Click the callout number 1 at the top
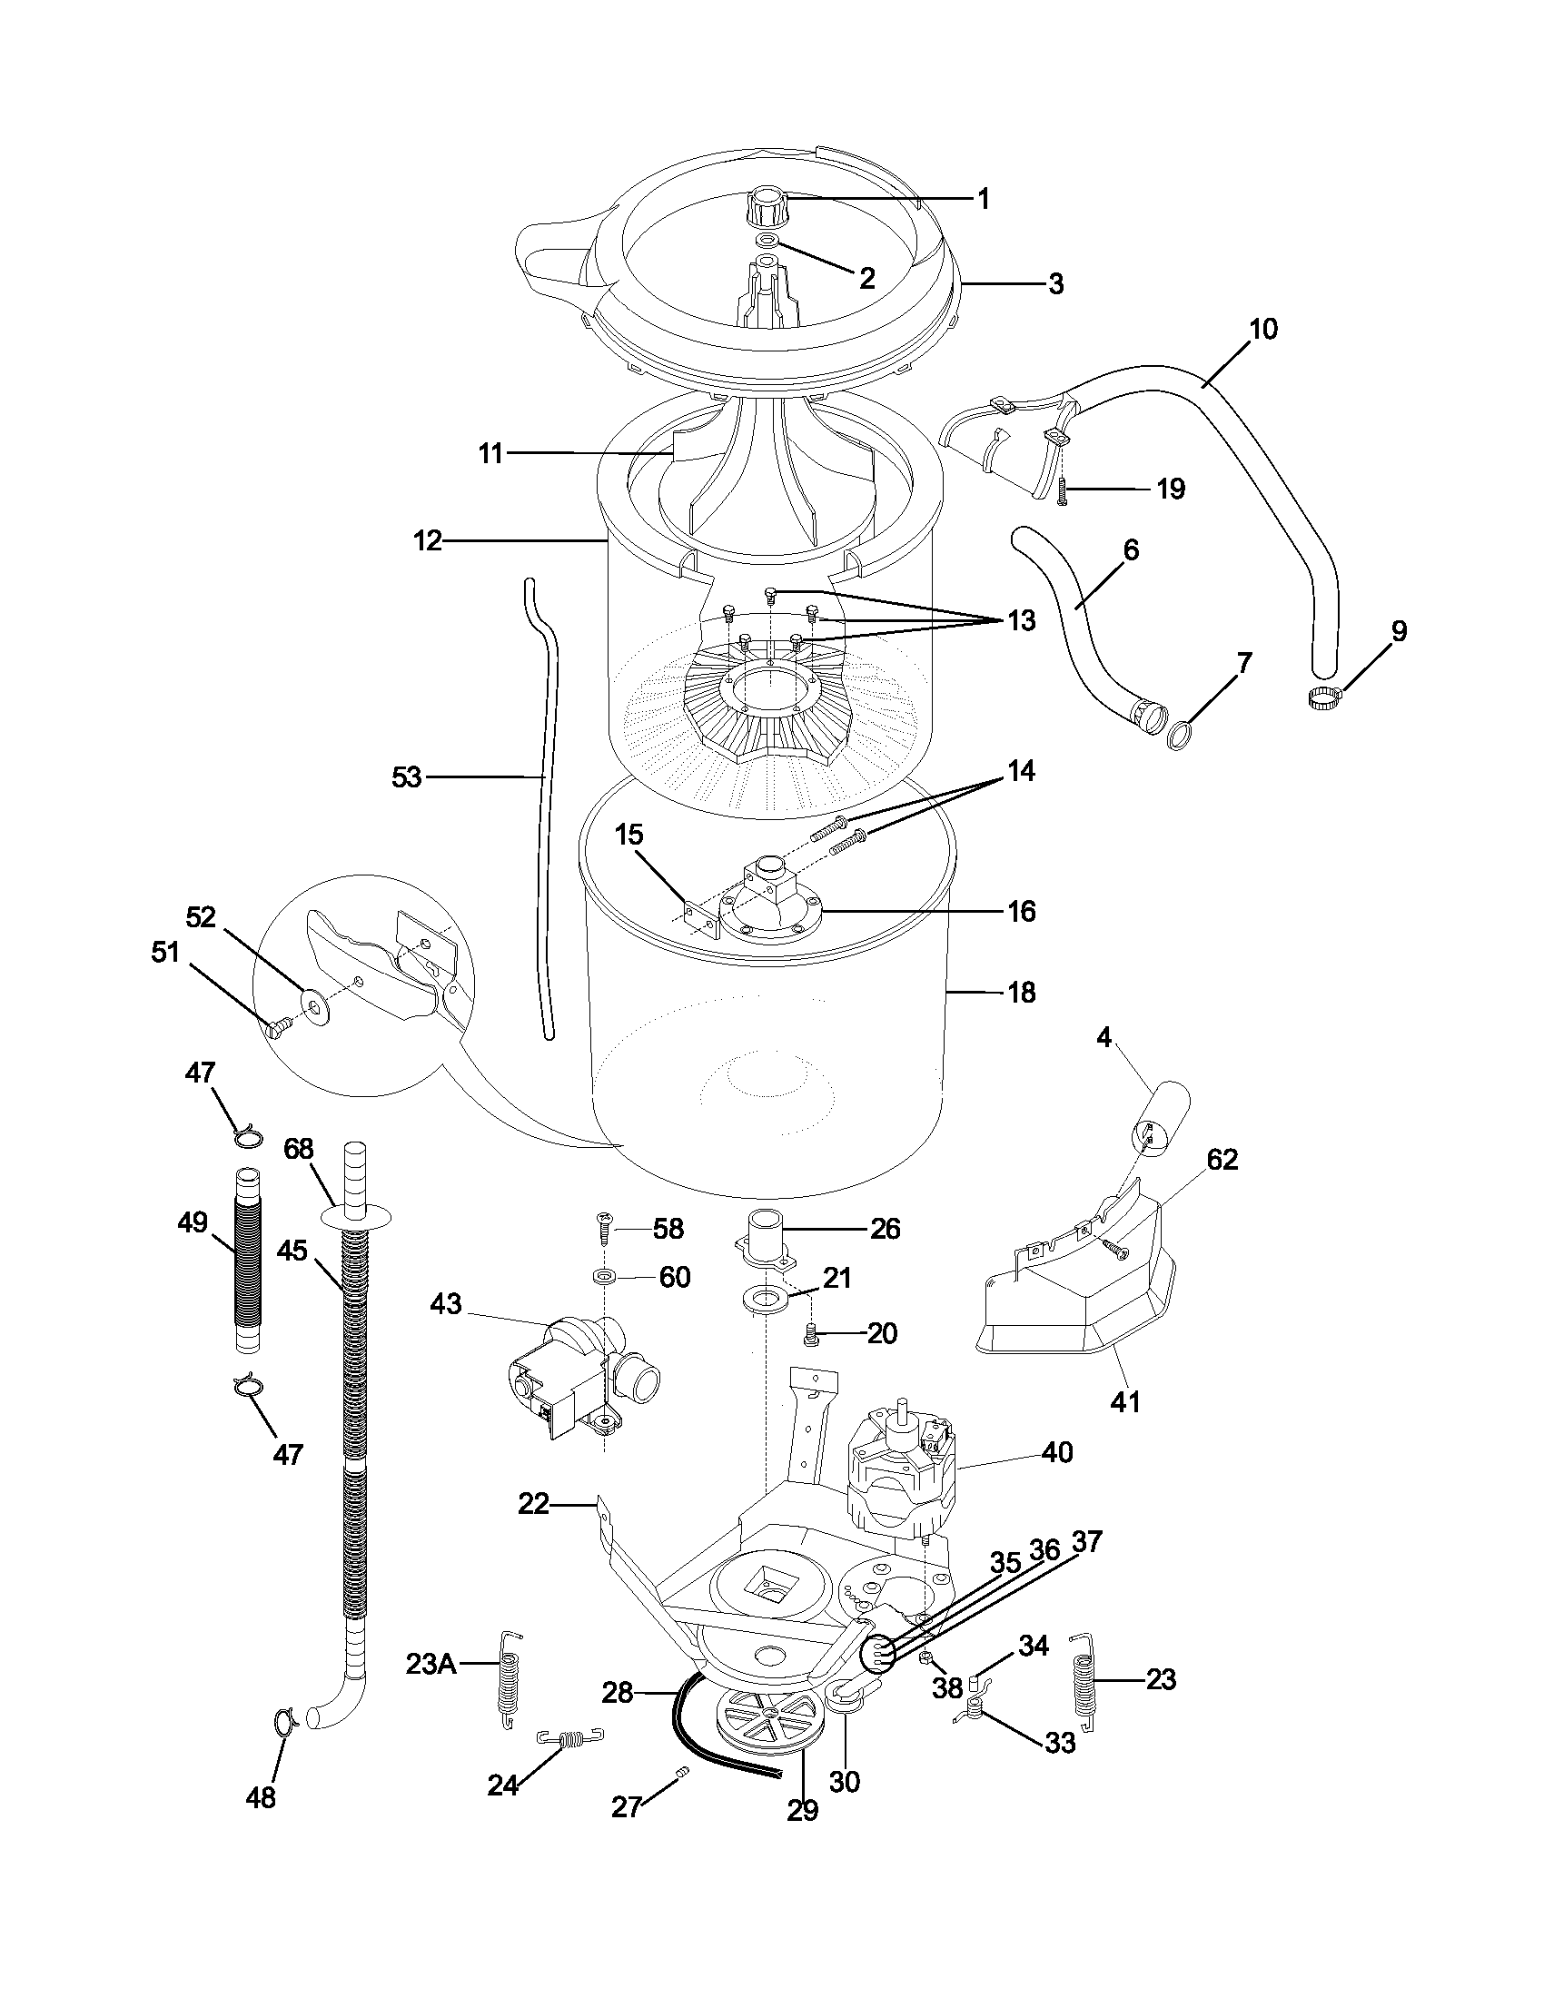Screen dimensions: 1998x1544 985,199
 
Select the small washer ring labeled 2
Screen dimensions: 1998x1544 767,240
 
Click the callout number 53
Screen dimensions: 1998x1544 406,777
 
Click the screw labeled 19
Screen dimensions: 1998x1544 1063,491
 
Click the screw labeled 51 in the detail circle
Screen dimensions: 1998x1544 276,1027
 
